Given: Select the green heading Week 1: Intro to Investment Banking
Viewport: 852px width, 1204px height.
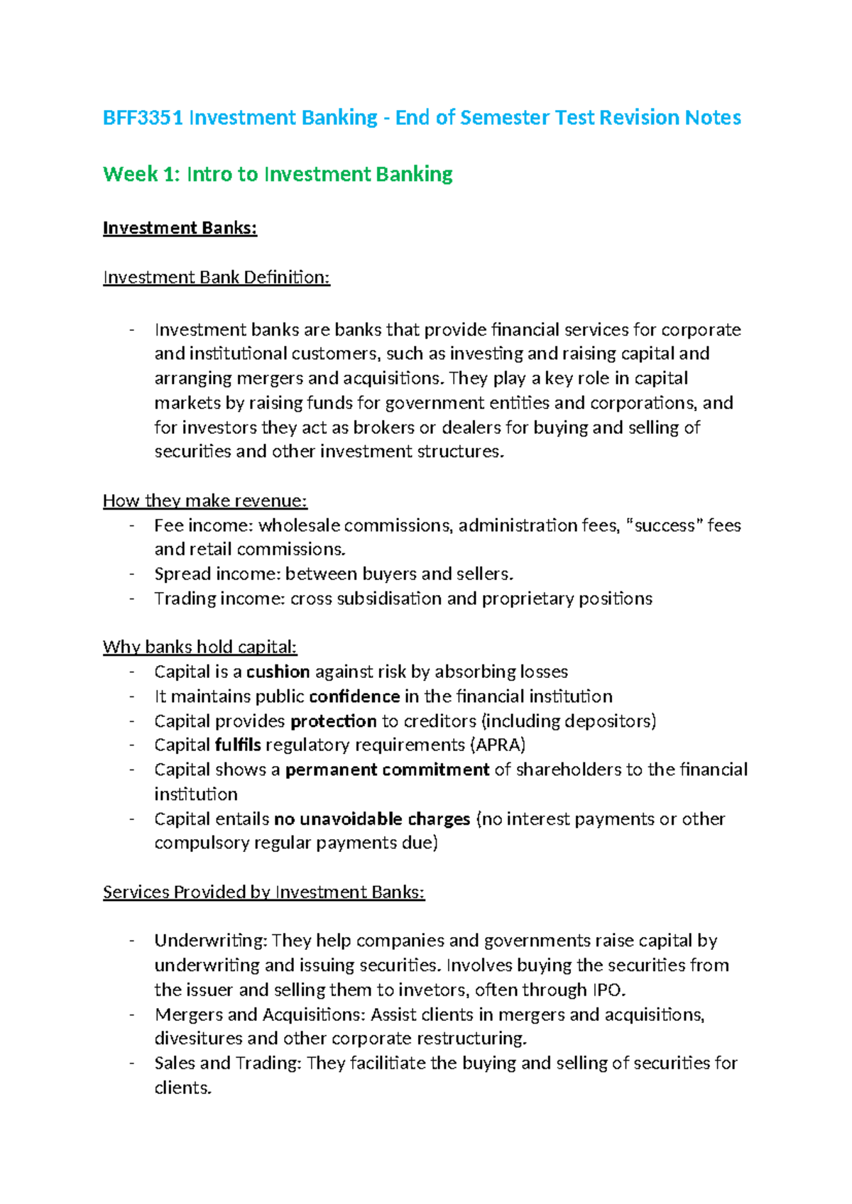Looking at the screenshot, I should click(x=278, y=174).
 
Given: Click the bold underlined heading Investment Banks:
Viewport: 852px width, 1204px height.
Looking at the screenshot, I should click(x=180, y=228).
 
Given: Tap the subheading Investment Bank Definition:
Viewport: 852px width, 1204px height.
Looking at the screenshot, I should click(x=217, y=277).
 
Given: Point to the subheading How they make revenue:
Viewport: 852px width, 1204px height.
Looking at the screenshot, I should click(x=204, y=500).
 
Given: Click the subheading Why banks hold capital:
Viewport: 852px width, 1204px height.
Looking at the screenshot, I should click(x=200, y=647).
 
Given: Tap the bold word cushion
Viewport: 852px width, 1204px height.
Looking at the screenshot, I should click(x=278, y=672).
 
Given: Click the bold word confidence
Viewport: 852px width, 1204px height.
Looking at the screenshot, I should click(x=354, y=696).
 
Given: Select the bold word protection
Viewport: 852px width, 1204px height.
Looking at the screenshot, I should click(x=333, y=721).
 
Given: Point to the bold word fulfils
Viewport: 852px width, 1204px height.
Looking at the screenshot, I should click(x=237, y=745).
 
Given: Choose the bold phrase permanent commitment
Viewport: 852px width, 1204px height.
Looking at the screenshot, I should click(x=387, y=770).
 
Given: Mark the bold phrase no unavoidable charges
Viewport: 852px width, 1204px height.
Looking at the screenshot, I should click(x=371, y=819).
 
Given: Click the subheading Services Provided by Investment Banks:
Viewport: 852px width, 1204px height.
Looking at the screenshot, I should click(x=263, y=892).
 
